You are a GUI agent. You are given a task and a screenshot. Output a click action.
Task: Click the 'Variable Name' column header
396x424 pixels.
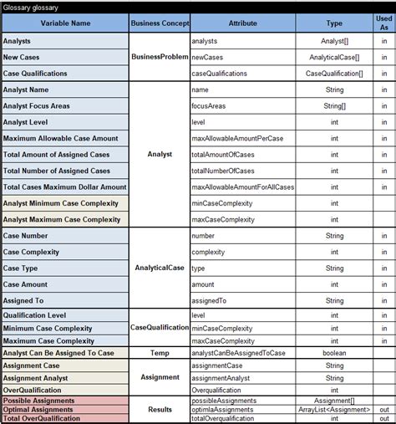(64, 23)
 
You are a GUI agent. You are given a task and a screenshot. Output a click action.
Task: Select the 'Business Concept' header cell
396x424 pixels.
(159, 23)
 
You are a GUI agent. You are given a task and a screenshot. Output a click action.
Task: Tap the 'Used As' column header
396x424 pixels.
(383, 23)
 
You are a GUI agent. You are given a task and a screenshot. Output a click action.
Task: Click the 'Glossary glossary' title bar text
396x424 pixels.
(30, 6)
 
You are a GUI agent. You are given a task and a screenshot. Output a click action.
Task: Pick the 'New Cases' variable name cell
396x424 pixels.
(23, 57)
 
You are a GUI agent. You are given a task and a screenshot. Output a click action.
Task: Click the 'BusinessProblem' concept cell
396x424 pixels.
(159, 57)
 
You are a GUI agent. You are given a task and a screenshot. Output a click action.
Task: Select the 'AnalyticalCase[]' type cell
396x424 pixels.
(333, 57)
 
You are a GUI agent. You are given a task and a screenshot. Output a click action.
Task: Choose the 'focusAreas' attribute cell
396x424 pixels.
(211, 106)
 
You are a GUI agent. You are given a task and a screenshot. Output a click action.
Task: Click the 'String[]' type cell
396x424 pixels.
(333, 106)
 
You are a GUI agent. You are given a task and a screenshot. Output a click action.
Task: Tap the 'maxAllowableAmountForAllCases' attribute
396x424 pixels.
(242, 187)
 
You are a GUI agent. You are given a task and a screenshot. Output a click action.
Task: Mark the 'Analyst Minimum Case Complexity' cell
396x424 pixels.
(61, 203)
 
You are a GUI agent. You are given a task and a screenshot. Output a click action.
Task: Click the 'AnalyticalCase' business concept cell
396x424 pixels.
(159, 268)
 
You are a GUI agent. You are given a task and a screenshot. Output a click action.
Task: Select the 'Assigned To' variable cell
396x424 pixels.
(23, 300)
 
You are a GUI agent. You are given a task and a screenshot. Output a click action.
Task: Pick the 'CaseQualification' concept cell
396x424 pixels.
(159, 328)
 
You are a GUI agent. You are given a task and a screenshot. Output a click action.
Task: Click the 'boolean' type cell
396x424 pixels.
(333, 353)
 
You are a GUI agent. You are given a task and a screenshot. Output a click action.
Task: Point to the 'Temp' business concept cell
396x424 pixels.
(159, 353)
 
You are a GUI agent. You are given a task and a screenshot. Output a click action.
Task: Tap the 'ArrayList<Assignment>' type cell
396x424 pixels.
(333, 410)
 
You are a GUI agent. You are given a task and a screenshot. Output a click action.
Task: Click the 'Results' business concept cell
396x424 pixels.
(159, 410)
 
